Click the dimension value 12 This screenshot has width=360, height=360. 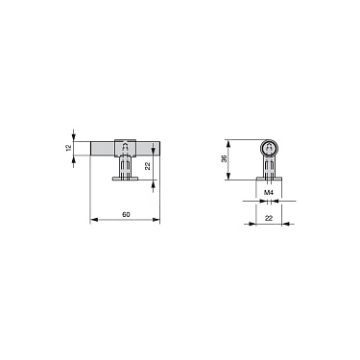pos(68,148)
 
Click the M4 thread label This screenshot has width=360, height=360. pos(271,192)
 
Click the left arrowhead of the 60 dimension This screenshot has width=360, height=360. pos(92,220)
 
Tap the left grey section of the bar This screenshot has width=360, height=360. pos(101,148)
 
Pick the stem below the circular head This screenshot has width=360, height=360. pos(271,166)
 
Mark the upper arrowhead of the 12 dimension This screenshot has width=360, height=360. pos(75,136)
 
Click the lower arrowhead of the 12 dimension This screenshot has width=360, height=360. pos(75,159)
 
